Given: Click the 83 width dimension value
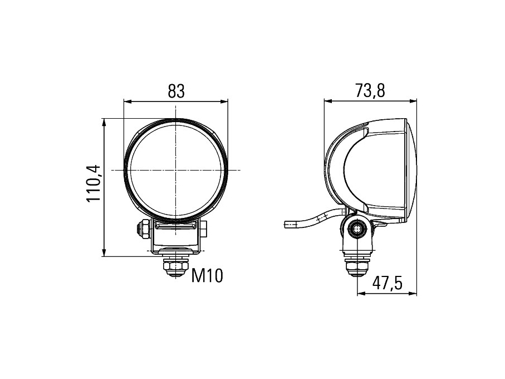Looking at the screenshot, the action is (x=176, y=91).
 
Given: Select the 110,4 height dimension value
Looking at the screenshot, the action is (x=94, y=183).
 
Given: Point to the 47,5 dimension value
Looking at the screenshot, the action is (x=388, y=283).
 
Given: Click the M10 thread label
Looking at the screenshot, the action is (x=207, y=276).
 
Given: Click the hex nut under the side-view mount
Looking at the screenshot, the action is (x=357, y=266).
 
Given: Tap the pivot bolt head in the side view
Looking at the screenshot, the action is (x=357, y=229).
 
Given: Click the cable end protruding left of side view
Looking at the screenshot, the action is (x=286, y=224).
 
